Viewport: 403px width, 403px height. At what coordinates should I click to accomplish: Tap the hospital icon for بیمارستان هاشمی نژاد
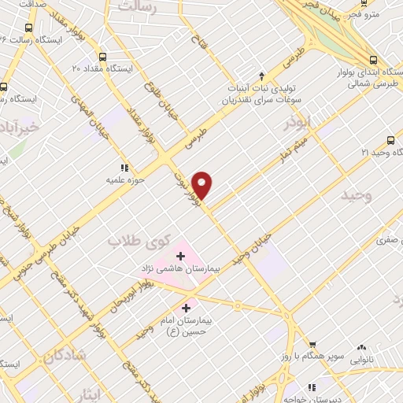pos(180,256)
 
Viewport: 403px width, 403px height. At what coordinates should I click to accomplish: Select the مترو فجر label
pos(385,14)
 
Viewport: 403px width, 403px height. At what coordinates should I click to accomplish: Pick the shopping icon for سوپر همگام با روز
pos(312,345)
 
